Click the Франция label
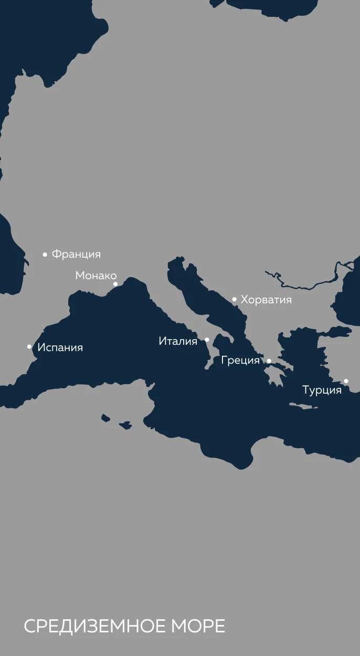click(76, 255)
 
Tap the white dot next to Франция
click(45, 255)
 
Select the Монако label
click(96, 276)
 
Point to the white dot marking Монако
click(115, 284)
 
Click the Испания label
click(60, 347)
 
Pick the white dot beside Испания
click(29, 346)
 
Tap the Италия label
click(178, 341)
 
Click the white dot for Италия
click(207, 340)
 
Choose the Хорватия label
click(266, 300)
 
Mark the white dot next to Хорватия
click(235, 299)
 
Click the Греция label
click(240, 361)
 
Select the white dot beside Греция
click(269, 361)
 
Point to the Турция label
click(322, 390)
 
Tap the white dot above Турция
click(346, 381)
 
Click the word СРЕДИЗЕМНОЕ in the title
click(94, 626)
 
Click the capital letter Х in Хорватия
click(244, 300)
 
